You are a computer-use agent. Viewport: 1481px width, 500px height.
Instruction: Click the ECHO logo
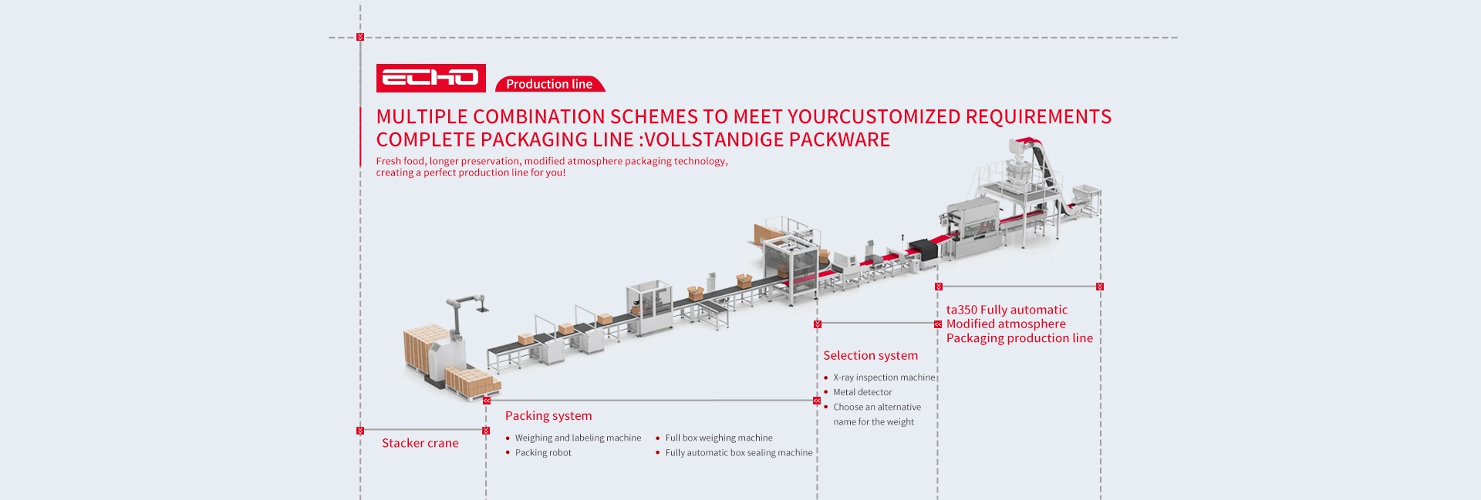[430, 78]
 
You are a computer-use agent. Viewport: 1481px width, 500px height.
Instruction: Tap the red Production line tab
[549, 84]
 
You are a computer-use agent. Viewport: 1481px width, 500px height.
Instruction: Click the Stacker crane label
[420, 443]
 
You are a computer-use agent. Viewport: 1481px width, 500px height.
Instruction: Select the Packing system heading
[548, 416]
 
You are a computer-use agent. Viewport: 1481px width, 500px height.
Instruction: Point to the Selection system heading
[870, 355]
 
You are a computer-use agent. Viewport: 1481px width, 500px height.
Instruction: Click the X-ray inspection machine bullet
[883, 378]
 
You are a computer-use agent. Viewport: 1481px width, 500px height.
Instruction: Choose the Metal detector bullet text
[862, 392]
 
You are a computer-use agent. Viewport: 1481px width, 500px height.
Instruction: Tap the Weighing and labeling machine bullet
[578, 438]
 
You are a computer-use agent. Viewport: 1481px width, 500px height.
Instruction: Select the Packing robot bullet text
[543, 453]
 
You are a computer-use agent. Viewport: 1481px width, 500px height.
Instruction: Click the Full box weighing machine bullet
[719, 438]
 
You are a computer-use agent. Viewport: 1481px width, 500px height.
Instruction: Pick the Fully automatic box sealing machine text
[739, 453]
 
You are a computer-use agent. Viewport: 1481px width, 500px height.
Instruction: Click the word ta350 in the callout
[961, 310]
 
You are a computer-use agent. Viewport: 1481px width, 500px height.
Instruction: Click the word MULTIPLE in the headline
[422, 117]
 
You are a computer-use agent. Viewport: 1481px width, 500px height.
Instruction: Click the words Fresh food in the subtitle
[400, 161]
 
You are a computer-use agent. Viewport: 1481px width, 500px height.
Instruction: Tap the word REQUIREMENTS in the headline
[1038, 117]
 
